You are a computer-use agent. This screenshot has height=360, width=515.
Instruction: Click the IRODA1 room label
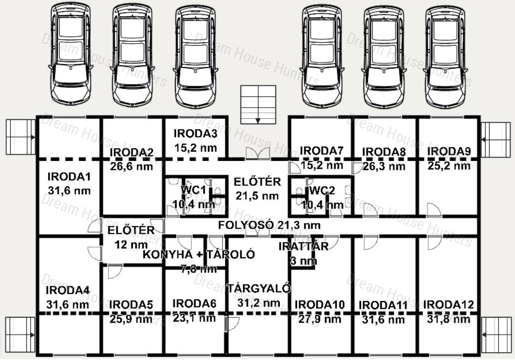(69, 177)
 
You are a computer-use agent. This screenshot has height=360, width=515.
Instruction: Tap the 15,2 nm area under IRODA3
(195, 148)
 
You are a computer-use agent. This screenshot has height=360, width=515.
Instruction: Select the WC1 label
(193, 190)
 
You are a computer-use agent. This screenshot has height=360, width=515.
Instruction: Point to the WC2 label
(322, 190)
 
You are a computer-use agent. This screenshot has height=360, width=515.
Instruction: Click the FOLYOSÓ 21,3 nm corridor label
(269, 225)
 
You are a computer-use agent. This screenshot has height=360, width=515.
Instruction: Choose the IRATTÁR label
(303, 246)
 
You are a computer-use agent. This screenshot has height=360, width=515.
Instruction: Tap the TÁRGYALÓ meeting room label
(259, 288)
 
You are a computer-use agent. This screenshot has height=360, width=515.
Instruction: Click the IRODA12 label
(448, 305)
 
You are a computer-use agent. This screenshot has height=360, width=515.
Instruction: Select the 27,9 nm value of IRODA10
(320, 319)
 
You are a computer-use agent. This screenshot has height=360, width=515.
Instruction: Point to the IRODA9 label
(449, 151)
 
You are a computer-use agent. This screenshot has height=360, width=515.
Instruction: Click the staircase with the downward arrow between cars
(258, 105)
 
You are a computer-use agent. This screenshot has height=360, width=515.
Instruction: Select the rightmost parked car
(446, 56)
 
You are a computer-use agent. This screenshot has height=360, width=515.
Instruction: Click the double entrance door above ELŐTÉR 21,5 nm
(258, 153)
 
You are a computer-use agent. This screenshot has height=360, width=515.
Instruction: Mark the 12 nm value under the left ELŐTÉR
(131, 244)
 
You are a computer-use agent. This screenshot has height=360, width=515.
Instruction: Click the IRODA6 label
(194, 303)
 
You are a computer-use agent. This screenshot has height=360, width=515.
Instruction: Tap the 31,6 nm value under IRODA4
(67, 305)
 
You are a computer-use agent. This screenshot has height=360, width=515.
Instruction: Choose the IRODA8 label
(384, 152)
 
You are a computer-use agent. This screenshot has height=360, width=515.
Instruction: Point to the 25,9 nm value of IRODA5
(131, 319)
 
